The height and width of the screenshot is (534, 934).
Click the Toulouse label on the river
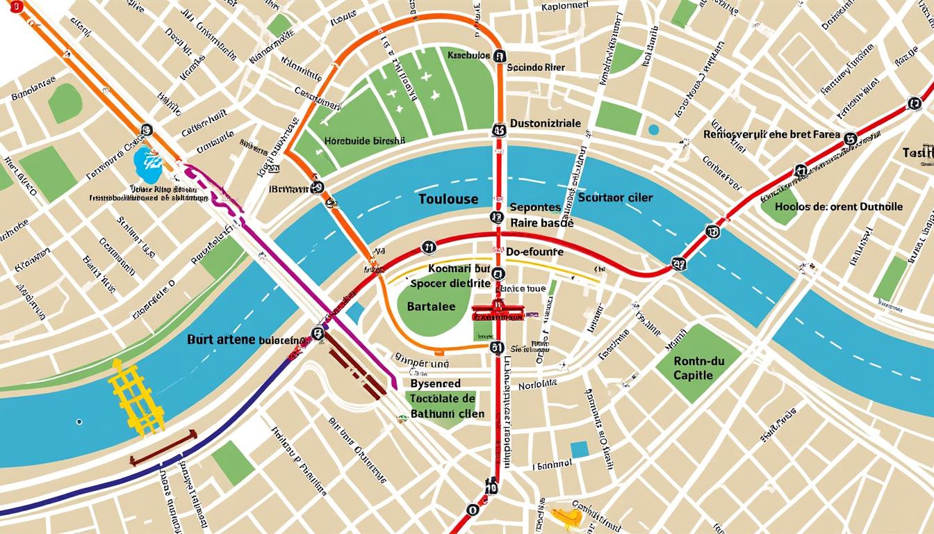[449, 199]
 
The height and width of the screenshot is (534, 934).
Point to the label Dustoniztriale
[546, 123]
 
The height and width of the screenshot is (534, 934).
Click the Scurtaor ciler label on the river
[615, 197]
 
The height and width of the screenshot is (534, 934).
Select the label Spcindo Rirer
[536, 68]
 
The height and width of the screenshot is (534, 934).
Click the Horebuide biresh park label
[364, 140]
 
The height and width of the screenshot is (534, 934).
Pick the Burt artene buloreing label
[246, 340]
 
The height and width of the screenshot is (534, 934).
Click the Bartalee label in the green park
[431, 306]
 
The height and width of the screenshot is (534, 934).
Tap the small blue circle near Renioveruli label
[653, 129]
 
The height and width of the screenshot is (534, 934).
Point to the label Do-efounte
[534, 251]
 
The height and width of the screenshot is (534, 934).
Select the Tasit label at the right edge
[918, 152]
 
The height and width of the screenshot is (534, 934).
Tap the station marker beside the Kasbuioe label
[499, 56]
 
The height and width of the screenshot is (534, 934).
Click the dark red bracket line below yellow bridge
[163, 447]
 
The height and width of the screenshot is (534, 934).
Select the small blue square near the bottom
[580, 449]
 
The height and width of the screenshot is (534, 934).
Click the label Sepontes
[535, 207]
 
